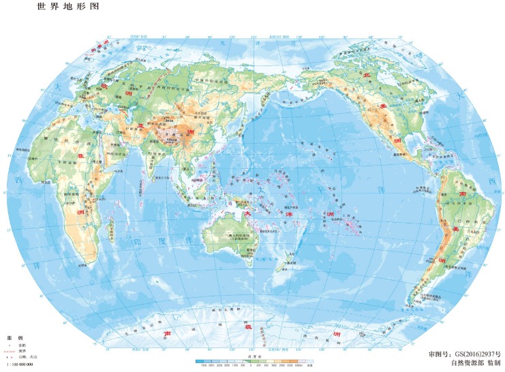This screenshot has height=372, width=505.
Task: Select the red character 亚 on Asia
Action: click(x=141, y=126)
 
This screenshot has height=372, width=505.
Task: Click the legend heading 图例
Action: click(x=15, y=339)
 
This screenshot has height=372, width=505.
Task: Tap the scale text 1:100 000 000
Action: click(x=20, y=366)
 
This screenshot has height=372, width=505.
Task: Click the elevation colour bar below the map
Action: click(x=252, y=361)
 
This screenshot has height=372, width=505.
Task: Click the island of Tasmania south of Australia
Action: click(x=254, y=271)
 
